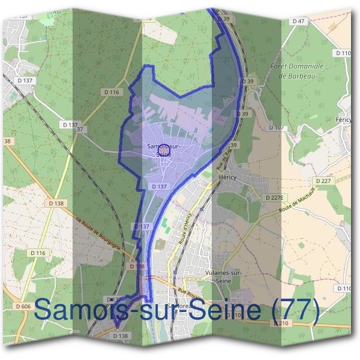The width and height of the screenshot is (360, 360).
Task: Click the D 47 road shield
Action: [299, 21]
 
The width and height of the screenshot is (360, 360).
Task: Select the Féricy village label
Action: [343, 120]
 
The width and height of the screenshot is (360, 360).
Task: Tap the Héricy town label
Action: [227, 178]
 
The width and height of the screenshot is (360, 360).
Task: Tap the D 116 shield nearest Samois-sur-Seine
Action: [112, 92]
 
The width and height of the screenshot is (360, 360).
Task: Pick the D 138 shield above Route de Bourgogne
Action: [55, 203]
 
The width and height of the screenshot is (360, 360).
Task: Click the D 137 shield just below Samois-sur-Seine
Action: [159, 187]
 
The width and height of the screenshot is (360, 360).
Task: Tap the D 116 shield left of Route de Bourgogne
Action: [37, 253]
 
